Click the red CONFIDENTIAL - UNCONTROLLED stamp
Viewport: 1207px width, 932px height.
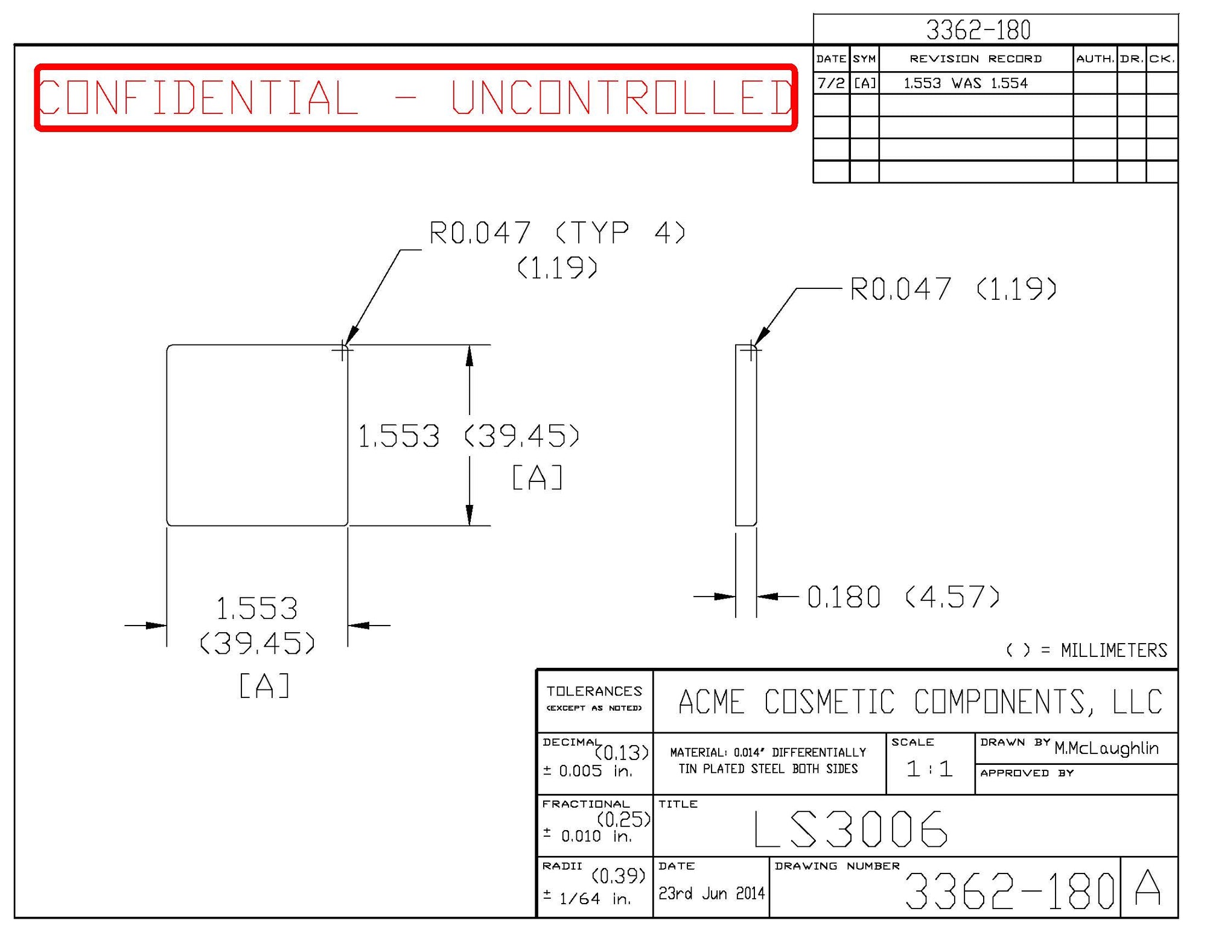point(415,97)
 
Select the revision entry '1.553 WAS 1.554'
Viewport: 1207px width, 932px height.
point(965,83)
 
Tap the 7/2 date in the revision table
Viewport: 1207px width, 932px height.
point(830,83)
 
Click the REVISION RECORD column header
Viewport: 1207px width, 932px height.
point(975,59)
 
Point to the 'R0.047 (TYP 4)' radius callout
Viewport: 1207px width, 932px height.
point(556,233)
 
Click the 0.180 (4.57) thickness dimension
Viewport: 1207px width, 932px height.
point(903,597)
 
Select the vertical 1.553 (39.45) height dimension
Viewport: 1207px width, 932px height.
point(468,436)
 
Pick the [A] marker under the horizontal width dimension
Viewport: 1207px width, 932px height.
point(264,686)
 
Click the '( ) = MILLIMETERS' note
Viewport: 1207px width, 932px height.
point(1086,650)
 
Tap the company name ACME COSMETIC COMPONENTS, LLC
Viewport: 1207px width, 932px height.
point(920,702)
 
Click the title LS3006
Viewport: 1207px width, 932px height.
point(851,829)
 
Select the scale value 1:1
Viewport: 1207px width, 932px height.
point(929,769)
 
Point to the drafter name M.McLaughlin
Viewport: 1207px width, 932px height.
point(1106,749)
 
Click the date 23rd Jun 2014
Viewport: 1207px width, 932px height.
point(711,893)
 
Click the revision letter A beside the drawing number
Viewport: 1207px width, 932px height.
point(1147,887)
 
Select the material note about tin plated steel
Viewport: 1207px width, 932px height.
point(768,761)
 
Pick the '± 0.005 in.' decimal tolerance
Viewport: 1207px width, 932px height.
point(587,771)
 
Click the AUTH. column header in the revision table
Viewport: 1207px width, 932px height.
point(1094,59)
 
